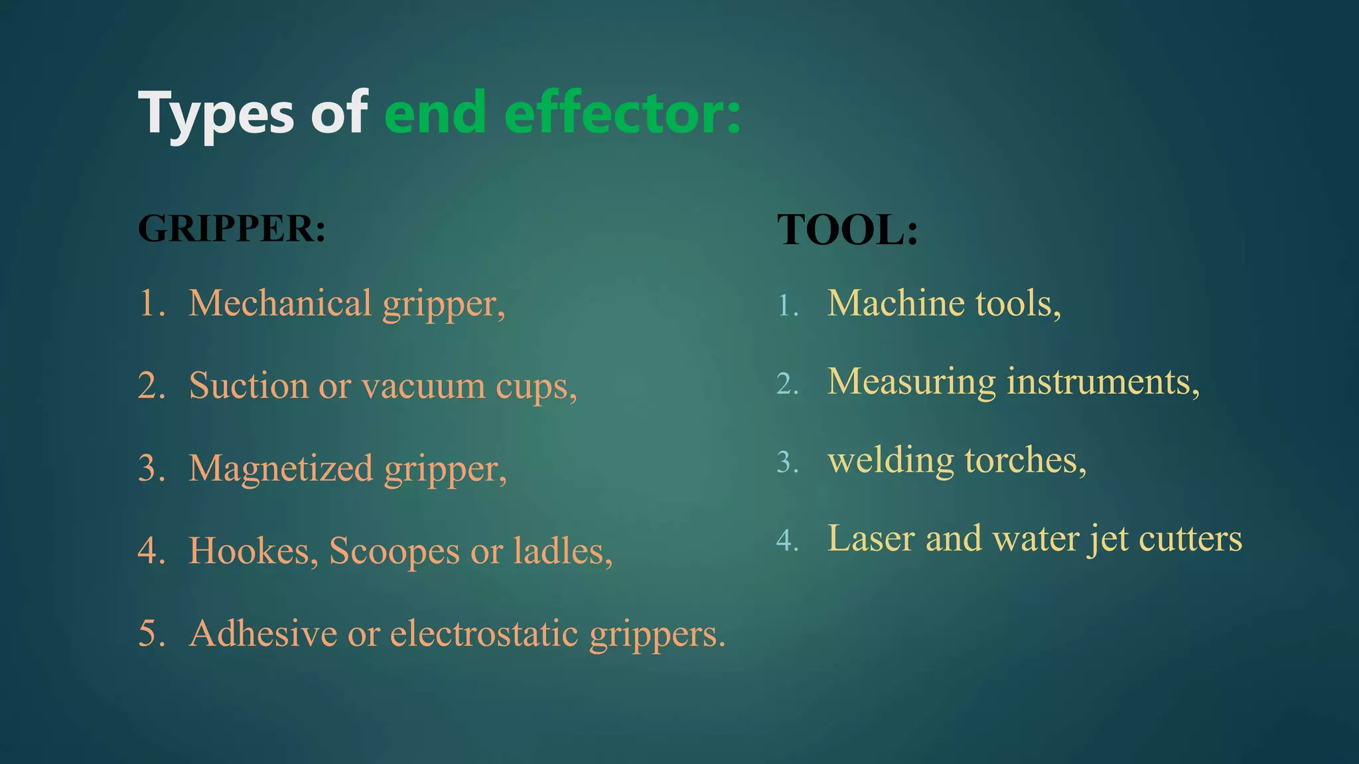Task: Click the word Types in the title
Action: pyautogui.click(x=216, y=114)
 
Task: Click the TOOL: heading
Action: pyautogui.click(x=847, y=230)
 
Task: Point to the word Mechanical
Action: pyautogui.click(x=280, y=303)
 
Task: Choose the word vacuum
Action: pyautogui.click(x=423, y=387)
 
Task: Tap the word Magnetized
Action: pyautogui.click(x=281, y=468)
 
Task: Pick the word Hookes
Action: pyautogui.click(x=253, y=550)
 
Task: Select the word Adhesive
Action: pyautogui.click(x=263, y=633)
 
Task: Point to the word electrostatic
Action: pyautogui.click(x=484, y=633)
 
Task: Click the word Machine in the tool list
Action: pyautogui.click(x=896, y=303)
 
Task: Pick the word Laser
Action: pyautogui.click(x=871, y=538)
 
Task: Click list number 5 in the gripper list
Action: pyautogui.click(x=151, y=633)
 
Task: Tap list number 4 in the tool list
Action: pyautogui.click(x=787, y=541)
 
